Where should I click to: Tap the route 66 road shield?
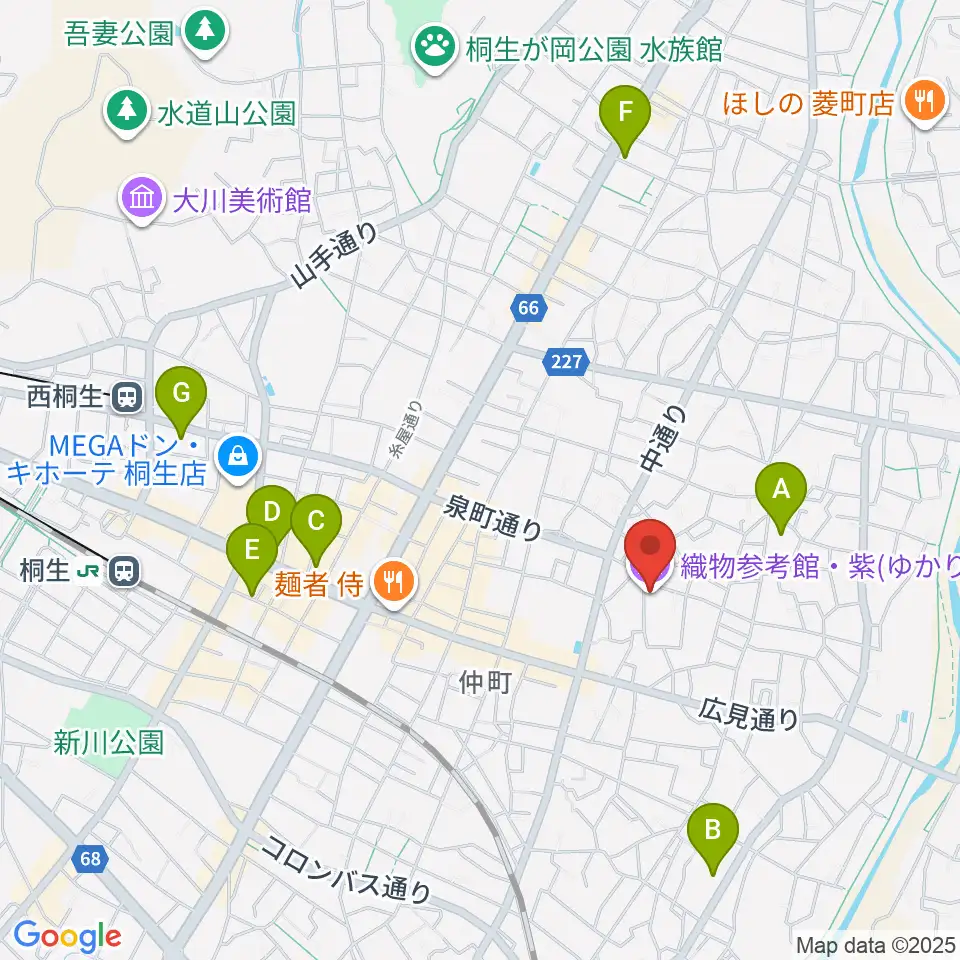pyautogui.click(x=529, y=308)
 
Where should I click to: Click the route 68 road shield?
pyautogui.click(x=91, y=858)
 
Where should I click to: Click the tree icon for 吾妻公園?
pyautogui.click(x=205, y=31)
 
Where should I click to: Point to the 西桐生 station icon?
pyautogui.click(x=126, y=397)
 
